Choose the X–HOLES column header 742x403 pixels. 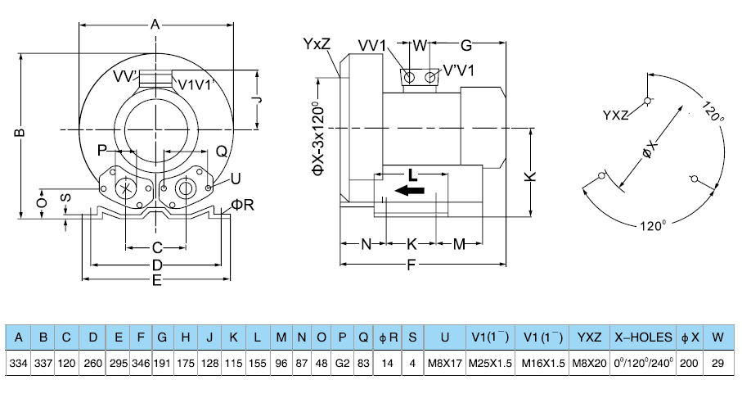click(644, 337)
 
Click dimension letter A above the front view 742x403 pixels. click(155, 25)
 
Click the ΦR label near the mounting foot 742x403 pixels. click(243, 204)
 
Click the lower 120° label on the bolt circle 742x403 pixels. click(653, 225)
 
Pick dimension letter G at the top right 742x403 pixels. click(466, 45)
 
